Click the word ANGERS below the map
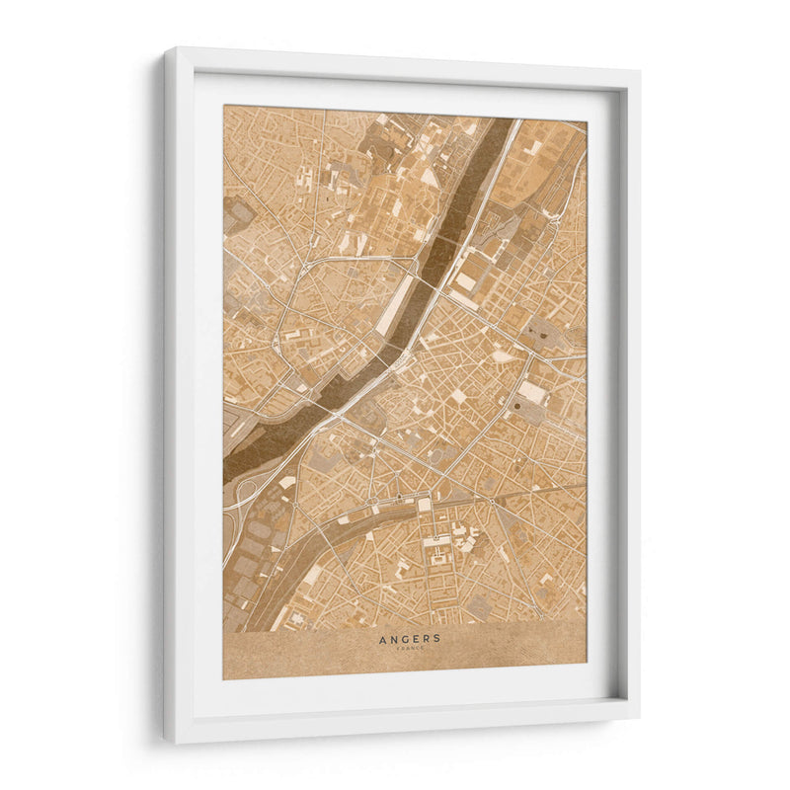(410, 638)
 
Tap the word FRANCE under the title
(410, 648)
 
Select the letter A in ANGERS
(382, 638)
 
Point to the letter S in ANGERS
(437, 638)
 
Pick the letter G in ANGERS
(404, 638)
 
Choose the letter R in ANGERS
(427, 638)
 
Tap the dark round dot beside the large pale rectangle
(515, 404)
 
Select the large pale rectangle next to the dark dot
(533, 393)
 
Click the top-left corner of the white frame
(166, 49)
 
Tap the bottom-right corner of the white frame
(637, 713)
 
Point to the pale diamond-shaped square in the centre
(458, 396)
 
